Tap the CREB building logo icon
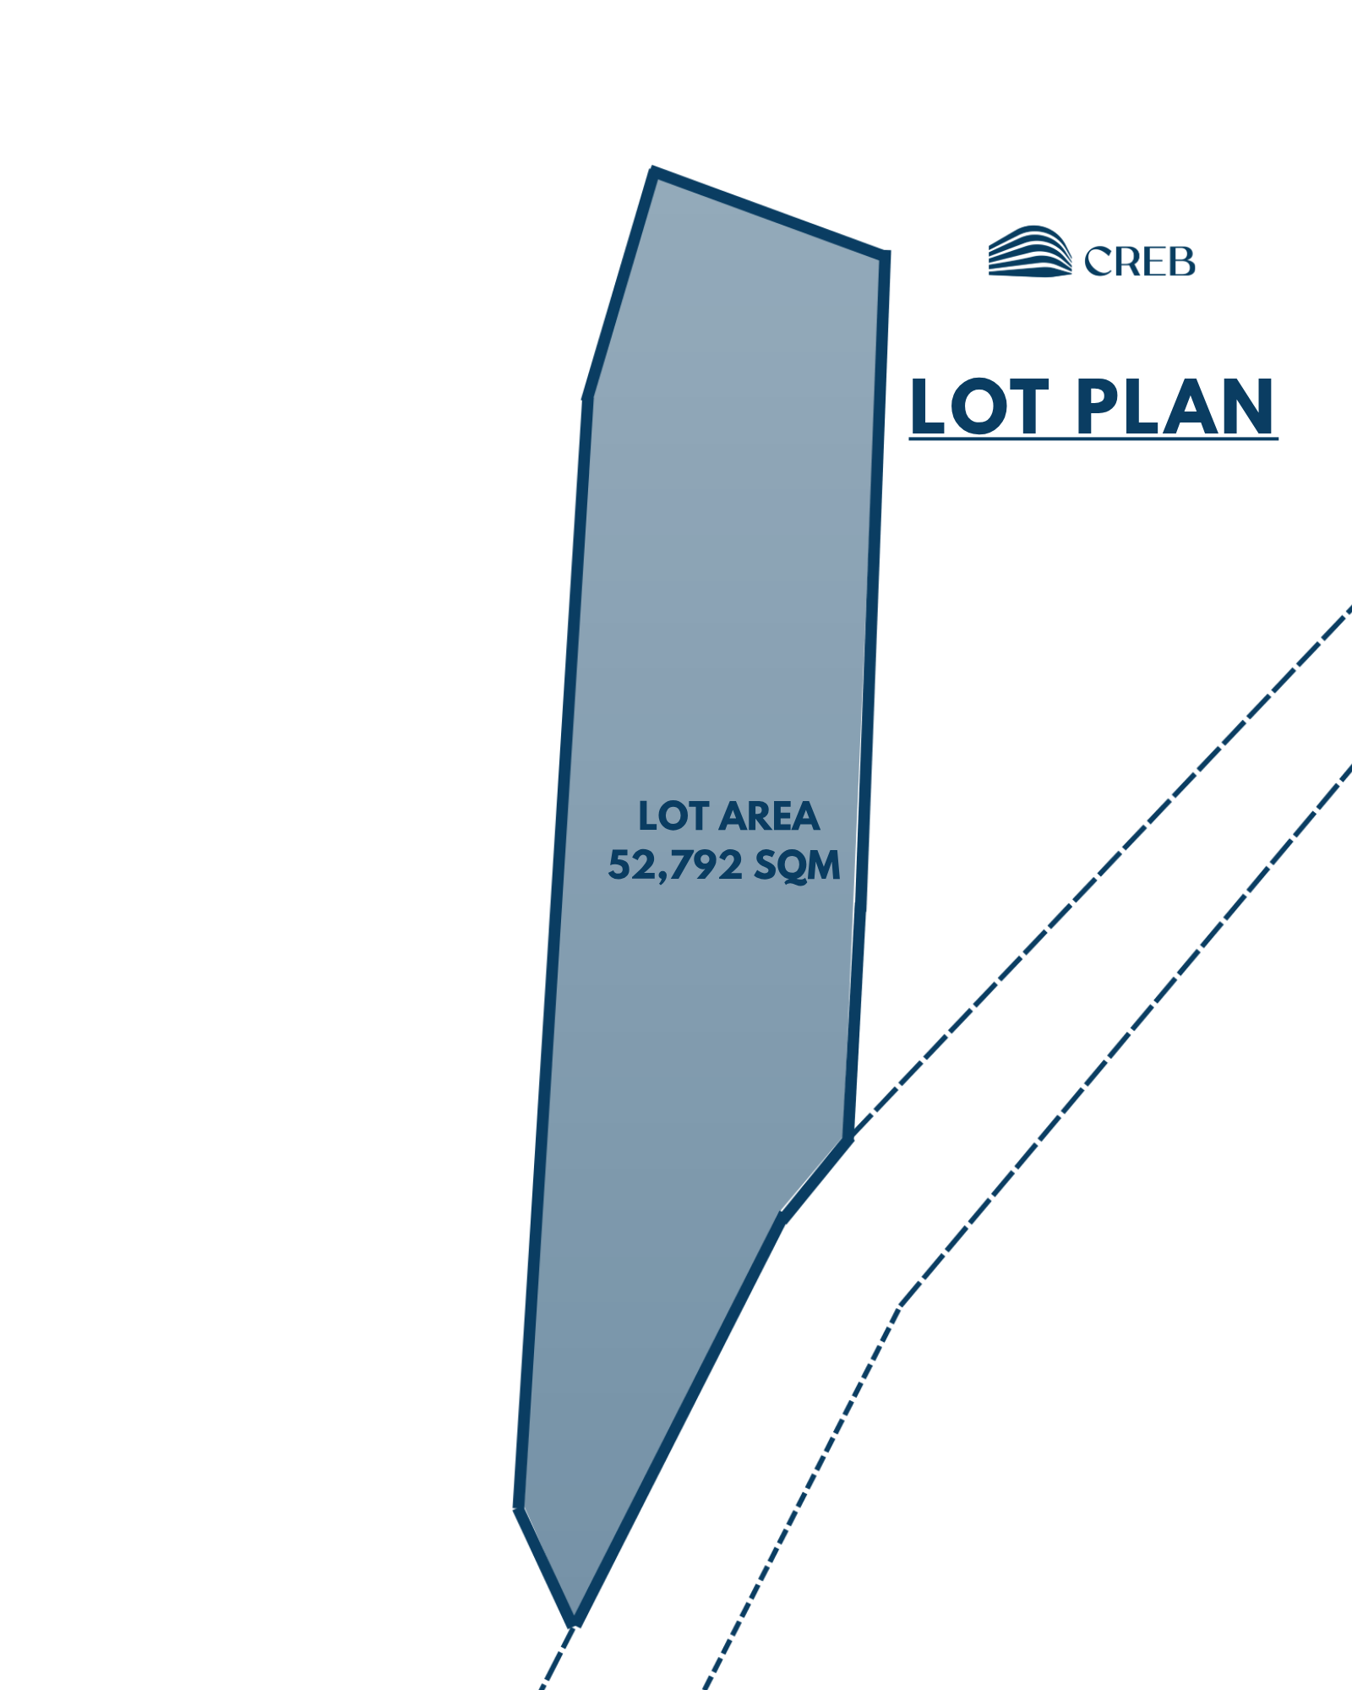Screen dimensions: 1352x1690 tap(1030, 251)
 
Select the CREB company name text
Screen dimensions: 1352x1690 tap(1140, 261)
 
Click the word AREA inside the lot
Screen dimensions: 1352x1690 tap(771, 816)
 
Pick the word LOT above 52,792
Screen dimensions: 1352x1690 tap(673, 816)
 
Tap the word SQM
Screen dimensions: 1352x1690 tap(797, 865)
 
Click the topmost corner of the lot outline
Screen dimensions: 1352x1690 tap(654, 172)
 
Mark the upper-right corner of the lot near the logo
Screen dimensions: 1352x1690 tap(884, 255)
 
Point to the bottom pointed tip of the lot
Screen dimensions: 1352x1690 tap(575, 1623)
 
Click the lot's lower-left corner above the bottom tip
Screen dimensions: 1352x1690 tap(519, 1507)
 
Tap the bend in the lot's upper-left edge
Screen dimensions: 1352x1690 tap(586, 397)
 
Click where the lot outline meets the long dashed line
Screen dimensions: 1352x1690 tap(848, 1139)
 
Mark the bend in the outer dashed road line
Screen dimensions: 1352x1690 tap(899, 1307)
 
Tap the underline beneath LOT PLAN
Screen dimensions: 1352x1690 tap(1093, 438)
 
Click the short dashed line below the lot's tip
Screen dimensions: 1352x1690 tap(558, 1657)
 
